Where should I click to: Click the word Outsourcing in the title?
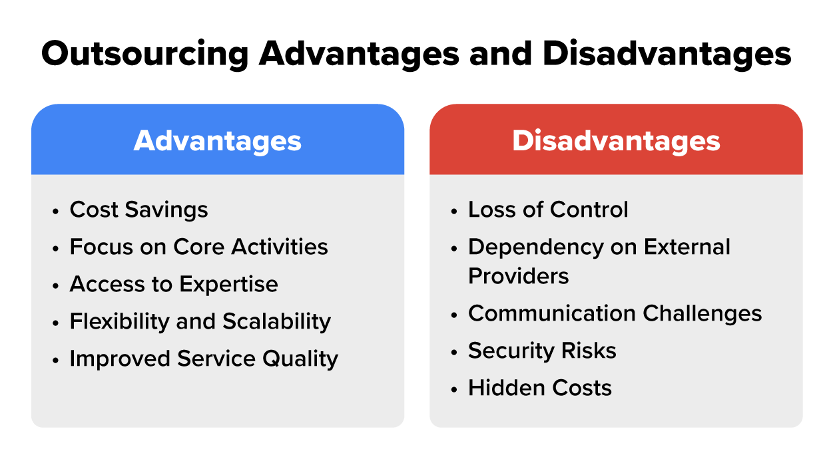point(145,54)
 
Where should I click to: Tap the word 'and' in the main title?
point(501,53)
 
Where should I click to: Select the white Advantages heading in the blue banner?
point(218,141)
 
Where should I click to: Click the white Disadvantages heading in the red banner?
point(616,141)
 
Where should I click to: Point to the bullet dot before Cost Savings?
point(55,212)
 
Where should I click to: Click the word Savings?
point(166,210)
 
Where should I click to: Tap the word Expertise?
point(228,285)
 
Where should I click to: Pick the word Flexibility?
point(119,322)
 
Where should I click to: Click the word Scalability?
point(277,322)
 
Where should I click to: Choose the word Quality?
point(300,359)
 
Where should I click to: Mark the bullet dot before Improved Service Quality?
point(55,360)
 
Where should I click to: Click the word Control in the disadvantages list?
point(589,210)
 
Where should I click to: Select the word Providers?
point(519,276)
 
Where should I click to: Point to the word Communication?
point(552,313)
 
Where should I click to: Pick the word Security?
point(511,351)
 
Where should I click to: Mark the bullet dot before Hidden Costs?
point(453,390)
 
